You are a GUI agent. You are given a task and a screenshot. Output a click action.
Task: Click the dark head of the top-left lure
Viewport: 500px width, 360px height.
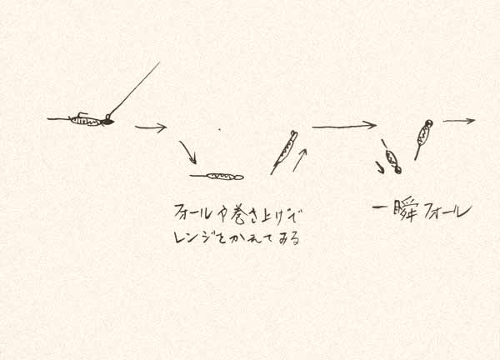coord(107,122)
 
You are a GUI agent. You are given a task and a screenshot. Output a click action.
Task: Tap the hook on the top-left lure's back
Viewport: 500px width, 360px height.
coord(81,114)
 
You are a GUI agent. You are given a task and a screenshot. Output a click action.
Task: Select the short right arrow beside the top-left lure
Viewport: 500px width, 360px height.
coord(151,127)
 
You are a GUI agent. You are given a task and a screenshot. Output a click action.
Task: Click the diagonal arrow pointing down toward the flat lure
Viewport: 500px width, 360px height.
coord(188,152)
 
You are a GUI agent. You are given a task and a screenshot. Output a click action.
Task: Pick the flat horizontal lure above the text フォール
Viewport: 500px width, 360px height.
coord(218,176)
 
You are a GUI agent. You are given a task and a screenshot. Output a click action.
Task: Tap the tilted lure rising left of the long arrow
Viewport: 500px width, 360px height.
coord(283,152)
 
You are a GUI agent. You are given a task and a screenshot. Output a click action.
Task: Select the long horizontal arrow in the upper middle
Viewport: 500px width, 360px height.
coord(343,126)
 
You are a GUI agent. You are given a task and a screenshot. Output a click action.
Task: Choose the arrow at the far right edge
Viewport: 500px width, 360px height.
coord(458,121)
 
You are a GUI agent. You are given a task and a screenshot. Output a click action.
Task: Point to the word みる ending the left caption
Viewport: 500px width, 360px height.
coord(288,237)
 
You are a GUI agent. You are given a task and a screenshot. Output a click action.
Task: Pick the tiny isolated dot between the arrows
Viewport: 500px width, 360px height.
coord(219,129)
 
